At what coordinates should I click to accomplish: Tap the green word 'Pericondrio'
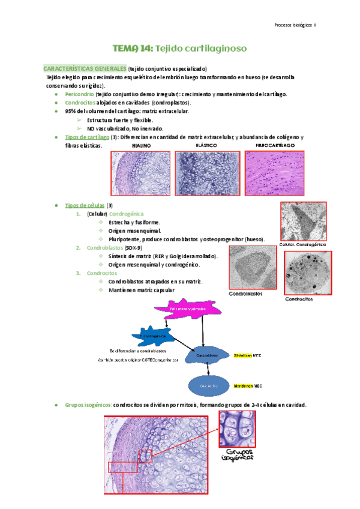[x=79, y=94]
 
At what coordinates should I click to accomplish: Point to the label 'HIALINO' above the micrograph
[x=141, y=146]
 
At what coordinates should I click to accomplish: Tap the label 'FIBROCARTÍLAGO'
[x=275, y=146]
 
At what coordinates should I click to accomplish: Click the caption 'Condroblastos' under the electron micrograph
[x=245, y=294]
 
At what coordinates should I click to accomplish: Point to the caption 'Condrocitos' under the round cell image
[x=299, y=299]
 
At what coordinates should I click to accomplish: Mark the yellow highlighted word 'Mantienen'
[x=244, y=385]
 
